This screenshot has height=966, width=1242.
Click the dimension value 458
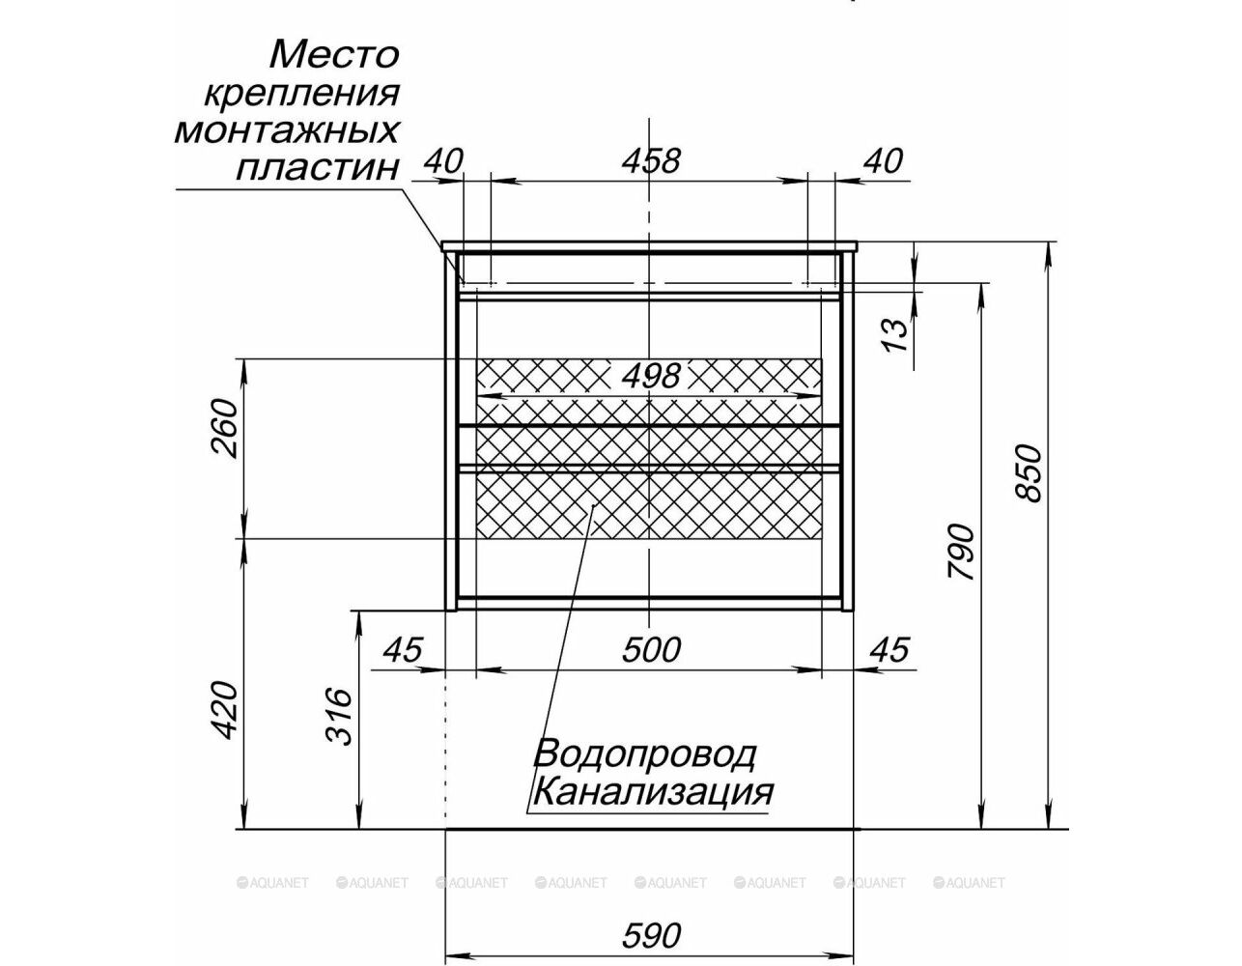(651, 161)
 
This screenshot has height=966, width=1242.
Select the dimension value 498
(651, 376)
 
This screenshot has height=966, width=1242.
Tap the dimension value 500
(651, 650)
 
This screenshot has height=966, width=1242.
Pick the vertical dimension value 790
(961, 552)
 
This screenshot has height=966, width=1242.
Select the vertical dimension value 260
(223, 429)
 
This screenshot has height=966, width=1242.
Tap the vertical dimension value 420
(223, 711)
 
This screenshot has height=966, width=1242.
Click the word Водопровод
(643, 754)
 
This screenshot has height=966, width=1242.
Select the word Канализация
(652, 793)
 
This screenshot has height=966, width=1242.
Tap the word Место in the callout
(334, 54)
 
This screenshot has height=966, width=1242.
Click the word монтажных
(286, 131)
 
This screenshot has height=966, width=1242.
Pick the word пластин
(317, 169)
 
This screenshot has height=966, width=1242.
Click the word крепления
(301, 94)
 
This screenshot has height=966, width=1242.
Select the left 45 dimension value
(403, 650)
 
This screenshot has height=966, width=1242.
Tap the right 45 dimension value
(889, 650)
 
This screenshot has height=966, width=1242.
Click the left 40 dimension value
(443, 161)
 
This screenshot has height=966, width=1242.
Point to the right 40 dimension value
(883, 161)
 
